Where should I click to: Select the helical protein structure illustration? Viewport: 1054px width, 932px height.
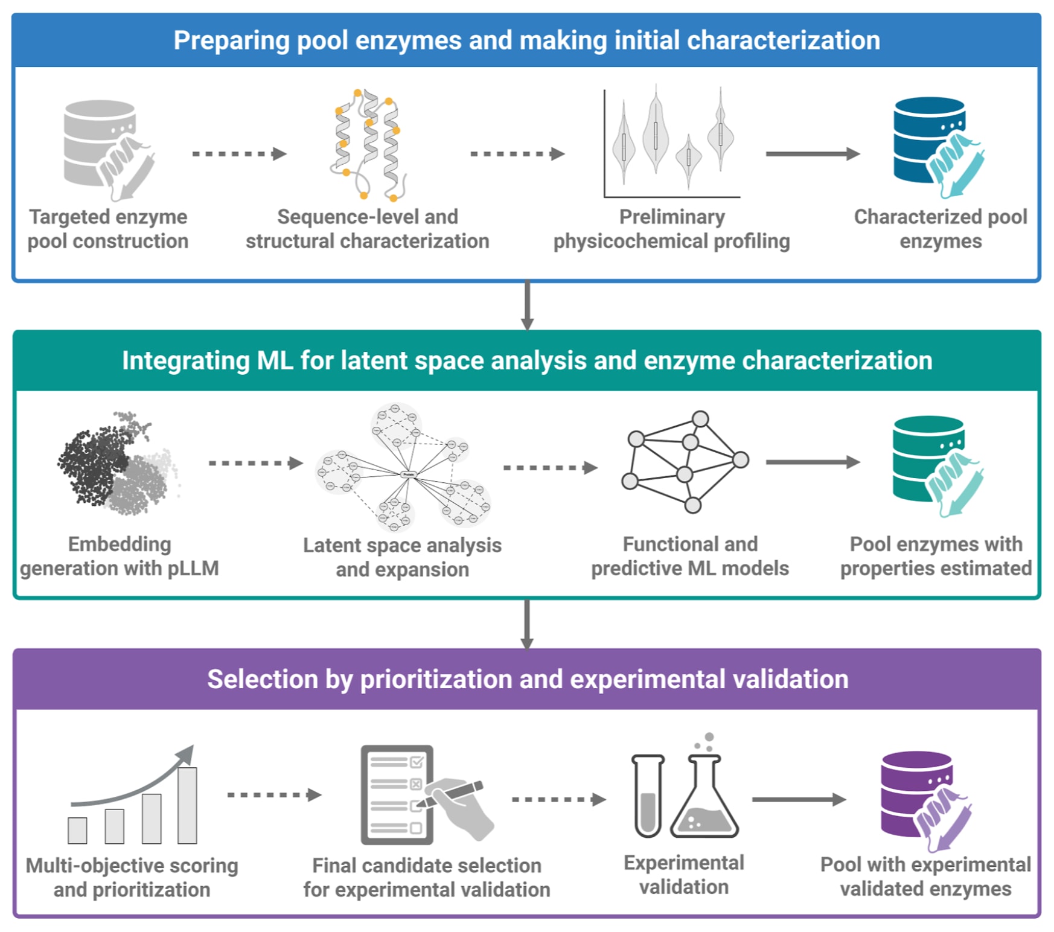pos(366,145)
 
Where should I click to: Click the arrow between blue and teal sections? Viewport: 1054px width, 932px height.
pos(527,305)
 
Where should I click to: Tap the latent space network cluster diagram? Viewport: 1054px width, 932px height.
pos(403,467)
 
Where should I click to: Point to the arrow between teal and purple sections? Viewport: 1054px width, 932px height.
pos(527,624)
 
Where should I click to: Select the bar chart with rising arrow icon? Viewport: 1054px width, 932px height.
pos(133,796)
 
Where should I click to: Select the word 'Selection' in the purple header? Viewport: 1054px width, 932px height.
pos(262,680)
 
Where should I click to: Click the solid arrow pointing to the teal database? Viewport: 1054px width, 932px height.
pos(812,462)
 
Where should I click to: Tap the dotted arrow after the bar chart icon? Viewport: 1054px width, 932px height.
pos(274,795)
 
